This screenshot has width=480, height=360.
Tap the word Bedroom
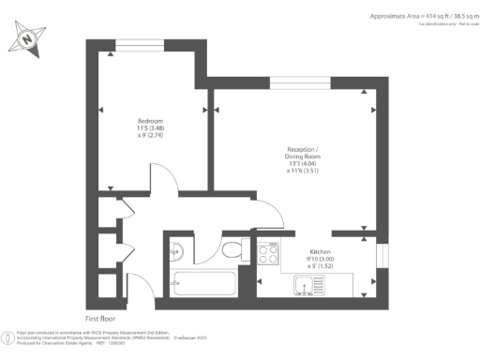pos(151,122)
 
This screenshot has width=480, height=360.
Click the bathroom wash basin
pos(176,250)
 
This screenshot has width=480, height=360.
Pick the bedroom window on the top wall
pos(139,43)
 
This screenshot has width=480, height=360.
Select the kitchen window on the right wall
pos(382,254)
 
